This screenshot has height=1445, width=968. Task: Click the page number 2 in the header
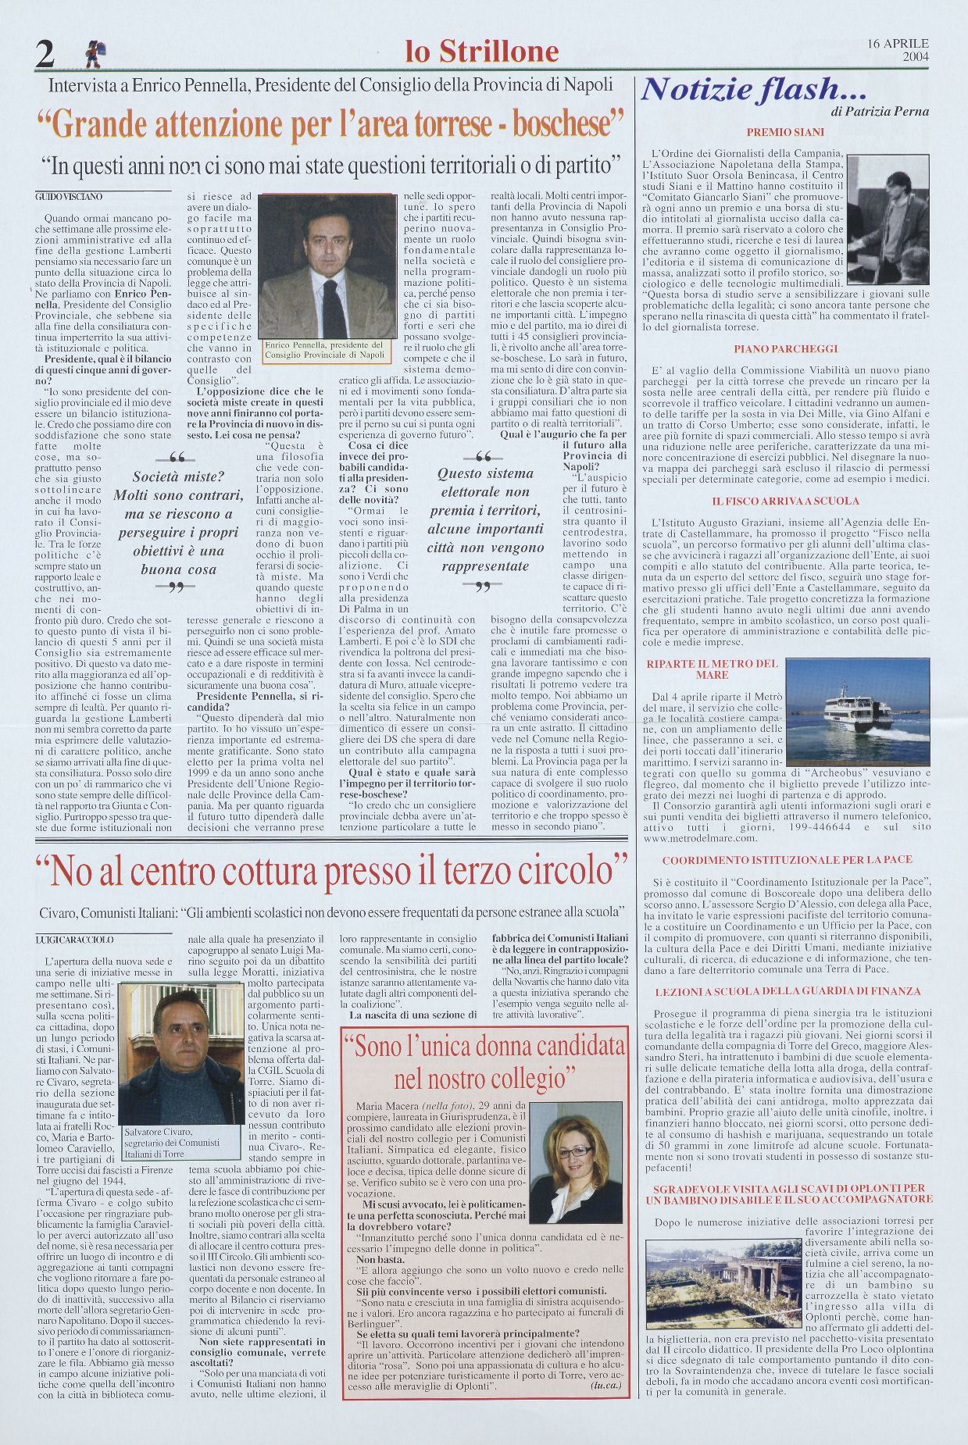click(x=45, y=55)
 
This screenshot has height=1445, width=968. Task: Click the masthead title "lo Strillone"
click(x=482, y=52)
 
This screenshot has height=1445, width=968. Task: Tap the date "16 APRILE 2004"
click(x=898, y=50)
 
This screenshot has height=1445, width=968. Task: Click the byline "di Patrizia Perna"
click(x=880, y=112)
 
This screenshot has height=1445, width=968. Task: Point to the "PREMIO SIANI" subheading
click(x=785, y=133)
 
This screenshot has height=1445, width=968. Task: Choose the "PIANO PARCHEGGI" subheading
click(x=785, y=348)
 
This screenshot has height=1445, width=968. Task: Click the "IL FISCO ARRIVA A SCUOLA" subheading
click(x=785, y=501)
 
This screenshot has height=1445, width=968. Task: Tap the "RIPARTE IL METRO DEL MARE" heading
click(x=712, y=669)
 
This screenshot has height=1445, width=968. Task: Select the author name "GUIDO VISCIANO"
click(x=70, y=198)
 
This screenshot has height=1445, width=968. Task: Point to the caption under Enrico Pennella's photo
click(x=324, y=349)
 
